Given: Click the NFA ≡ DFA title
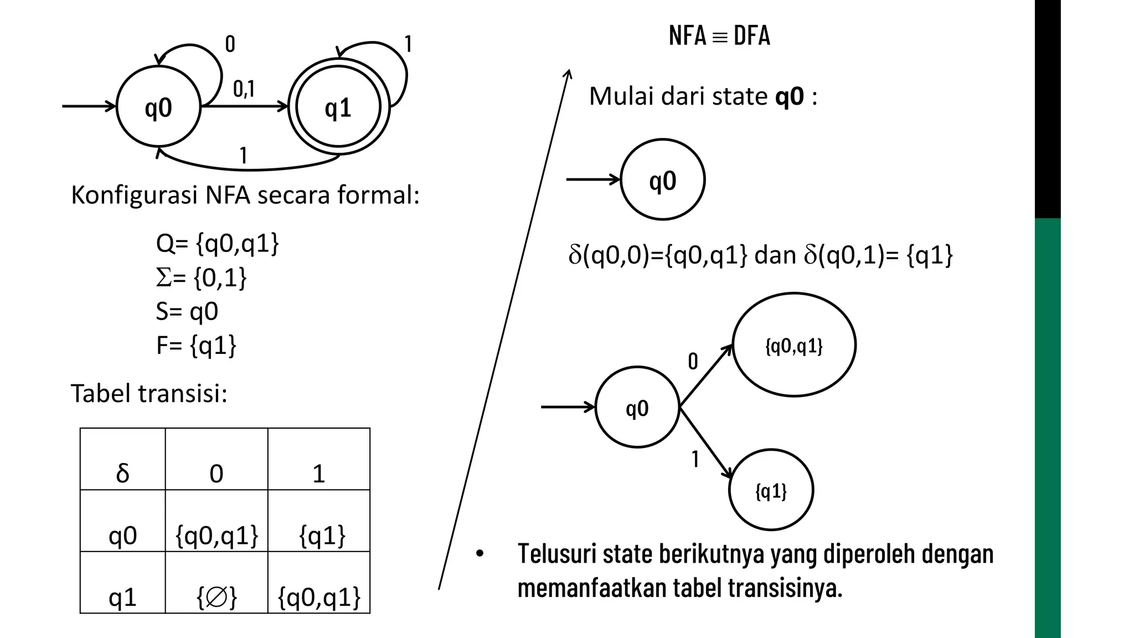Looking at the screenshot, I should pos(719,36).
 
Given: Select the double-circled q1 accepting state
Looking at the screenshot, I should pos(338,107).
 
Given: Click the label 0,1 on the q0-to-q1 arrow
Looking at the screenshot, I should pos(244,89).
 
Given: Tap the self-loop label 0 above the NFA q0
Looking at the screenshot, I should pos(230,44).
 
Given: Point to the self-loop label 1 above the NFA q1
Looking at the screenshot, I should pos(408,44).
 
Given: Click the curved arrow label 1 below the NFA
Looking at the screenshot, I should pos(243,156).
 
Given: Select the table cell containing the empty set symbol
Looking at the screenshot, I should pos(217,583).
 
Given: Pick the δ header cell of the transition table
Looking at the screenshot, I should pos(122,460).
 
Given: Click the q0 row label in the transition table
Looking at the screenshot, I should pos(122,521).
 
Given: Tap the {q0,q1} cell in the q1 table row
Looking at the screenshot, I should pos(319,583).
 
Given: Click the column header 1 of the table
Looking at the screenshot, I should pos(318,460).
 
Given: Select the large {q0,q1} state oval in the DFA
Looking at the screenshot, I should pos(794,345).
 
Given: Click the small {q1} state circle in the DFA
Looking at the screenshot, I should pos(771,491).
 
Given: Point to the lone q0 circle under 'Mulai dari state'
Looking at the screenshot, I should pos(663,180).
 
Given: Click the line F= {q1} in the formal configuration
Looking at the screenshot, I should pos(196,346).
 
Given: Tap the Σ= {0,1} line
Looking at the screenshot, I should pos(201,277).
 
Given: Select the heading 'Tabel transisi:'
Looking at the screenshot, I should pos(149,394).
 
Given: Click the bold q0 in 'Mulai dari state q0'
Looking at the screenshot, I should pos(789,96).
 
